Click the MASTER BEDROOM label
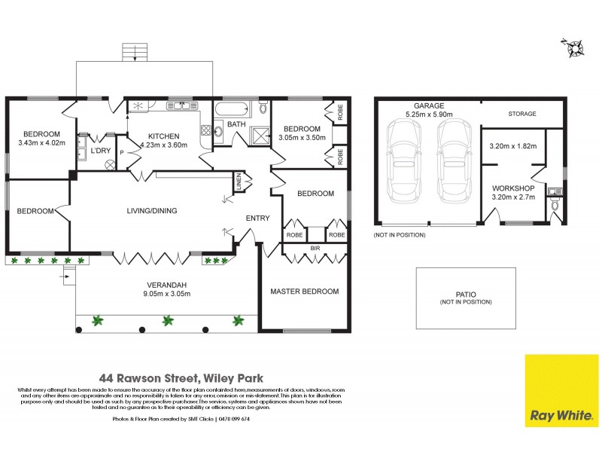coord(305,292)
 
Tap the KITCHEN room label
coord(163,136)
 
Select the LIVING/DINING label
coord(151,211)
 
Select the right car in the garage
coord(451,164)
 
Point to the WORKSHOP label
coord(513,188)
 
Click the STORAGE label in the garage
coord(521,114)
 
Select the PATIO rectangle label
coord(466,294)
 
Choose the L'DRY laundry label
coord(100,151)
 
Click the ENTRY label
coord(257,218)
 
